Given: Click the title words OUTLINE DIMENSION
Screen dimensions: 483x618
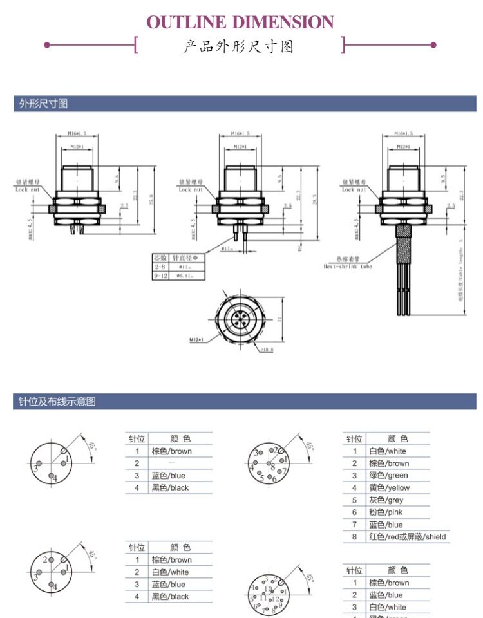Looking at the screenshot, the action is (240, 23).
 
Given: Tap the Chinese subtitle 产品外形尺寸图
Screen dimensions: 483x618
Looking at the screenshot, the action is (239, 46).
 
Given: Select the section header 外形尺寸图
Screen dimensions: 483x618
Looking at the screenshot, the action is (43, 104).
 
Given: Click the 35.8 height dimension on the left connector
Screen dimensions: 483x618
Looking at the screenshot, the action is (152, 196).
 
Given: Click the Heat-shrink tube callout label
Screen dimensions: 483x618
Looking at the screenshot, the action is (348, 266).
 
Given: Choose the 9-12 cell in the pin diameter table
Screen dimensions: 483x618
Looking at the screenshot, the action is (160, 276).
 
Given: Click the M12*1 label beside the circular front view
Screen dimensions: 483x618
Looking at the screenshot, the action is (197, 339).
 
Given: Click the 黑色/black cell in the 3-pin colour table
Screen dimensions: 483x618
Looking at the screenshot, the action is (171, 487).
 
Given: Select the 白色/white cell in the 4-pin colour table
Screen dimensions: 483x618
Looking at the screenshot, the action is (171, 572).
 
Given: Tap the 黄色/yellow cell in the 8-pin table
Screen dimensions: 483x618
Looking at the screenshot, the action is (389, 487).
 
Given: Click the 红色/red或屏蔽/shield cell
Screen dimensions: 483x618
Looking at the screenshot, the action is (407, 536).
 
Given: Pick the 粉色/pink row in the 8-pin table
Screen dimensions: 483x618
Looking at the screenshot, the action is (386, 512).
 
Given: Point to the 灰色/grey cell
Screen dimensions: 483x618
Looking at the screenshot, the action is (386, 500).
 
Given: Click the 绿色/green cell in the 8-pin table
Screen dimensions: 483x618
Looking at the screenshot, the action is (388, 475).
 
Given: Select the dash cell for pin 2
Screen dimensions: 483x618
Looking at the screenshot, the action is (171, 463).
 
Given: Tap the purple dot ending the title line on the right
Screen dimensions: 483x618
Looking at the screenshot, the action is (433, 45).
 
